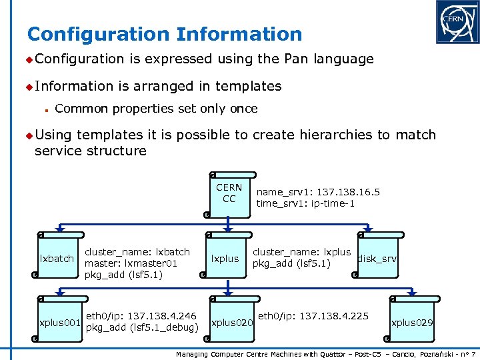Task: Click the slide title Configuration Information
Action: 165,34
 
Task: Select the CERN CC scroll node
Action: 229,193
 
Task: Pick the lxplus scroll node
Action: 225,258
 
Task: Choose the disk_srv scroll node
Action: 378,258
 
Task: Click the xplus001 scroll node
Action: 59,322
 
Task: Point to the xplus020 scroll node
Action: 230,322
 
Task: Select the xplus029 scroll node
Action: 411,322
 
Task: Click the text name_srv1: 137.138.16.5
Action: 318,192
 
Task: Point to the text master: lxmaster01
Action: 131,263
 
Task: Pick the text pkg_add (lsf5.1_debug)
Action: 143,327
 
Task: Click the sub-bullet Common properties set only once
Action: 156,109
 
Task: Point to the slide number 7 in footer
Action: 473,353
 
